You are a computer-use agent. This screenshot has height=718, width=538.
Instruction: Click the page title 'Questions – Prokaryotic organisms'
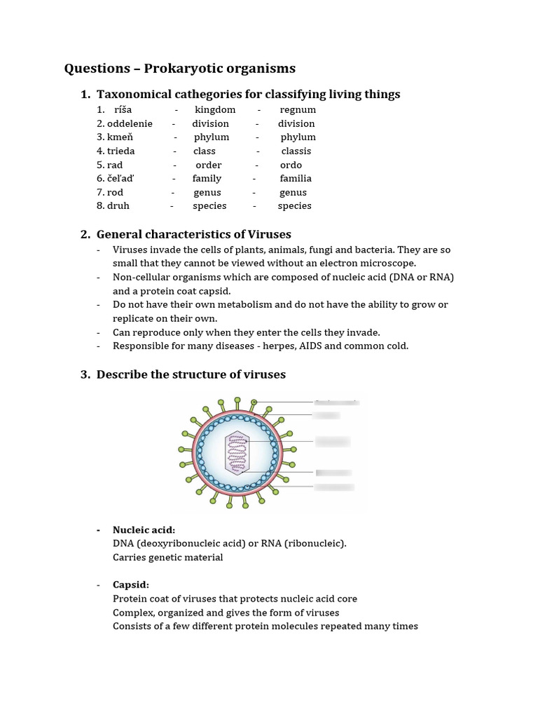(x=179, y=68)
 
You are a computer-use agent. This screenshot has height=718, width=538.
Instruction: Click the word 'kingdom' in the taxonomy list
(x=215, y=110)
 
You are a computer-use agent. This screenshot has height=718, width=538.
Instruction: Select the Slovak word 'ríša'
(x=123, y=110)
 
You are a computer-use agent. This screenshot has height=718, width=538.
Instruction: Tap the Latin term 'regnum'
(x=298, y=110)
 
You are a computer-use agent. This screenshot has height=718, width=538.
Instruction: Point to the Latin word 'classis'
(x=296, y=151)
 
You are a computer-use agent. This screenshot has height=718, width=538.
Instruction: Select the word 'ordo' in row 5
(x=291, y=165)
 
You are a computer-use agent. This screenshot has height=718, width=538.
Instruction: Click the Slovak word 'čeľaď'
(x=120, y=179)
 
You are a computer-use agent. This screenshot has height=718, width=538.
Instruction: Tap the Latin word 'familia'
(x=296, y=179)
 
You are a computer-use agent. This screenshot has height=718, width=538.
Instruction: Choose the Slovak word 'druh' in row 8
(x=118, y=206)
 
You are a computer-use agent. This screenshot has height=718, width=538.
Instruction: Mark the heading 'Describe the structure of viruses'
(x=191, y=374)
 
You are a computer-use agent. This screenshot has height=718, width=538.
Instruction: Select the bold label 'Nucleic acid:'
(x=144, y=529)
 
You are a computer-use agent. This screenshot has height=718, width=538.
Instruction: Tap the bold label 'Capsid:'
(x=131, y=585)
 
